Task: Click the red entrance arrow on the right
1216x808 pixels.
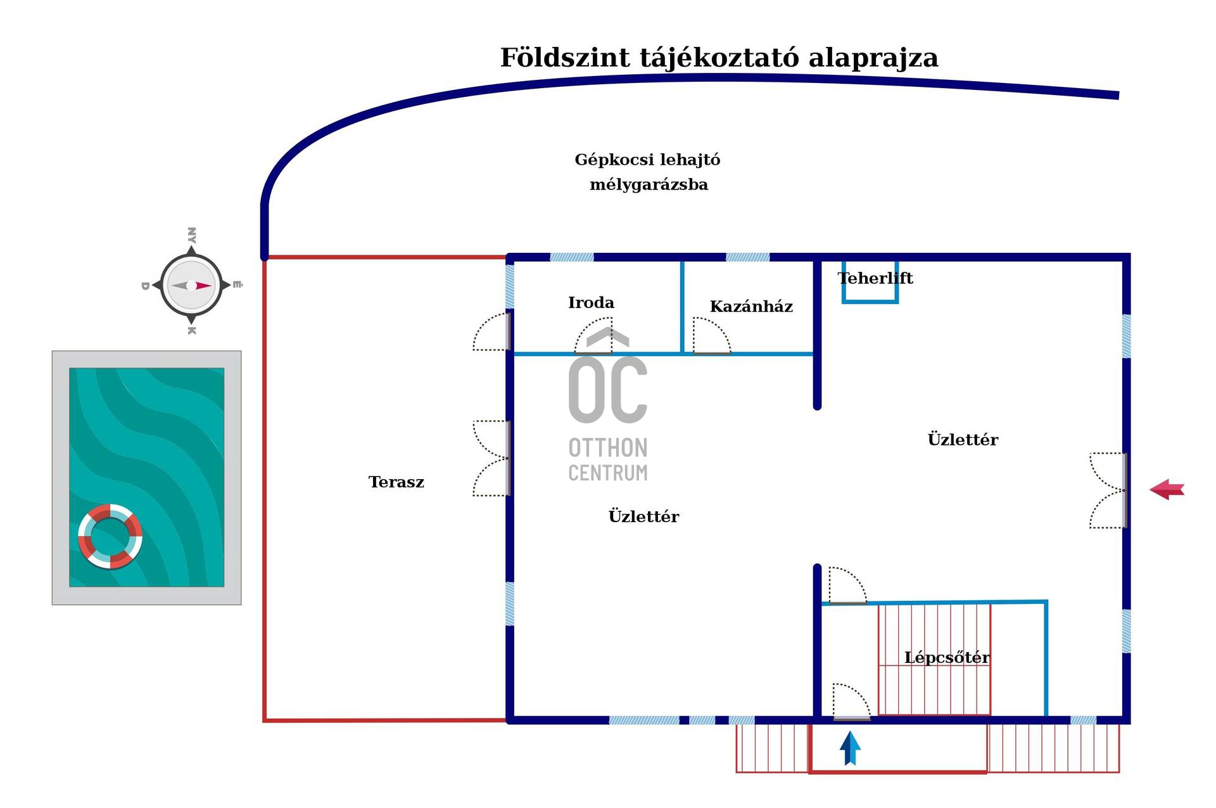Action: pyautogui.click(x=1167, y=489)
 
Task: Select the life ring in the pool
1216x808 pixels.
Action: pyautogui.click(x=110, y=536)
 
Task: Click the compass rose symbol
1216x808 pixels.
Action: pyautogui.click(x=191, y=285)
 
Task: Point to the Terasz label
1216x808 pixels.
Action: pyautogui.click(x=396, y=482)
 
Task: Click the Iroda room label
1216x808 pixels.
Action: pyautogui.click(x=591, y=303)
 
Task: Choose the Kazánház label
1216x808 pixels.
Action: pyautogui.click(x=751, y=307)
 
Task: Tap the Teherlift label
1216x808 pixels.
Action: pyautogui.click(x=875, y=278)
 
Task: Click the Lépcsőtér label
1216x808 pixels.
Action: pyautogui.click(x=947, y=658)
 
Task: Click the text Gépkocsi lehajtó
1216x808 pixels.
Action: pyautogui.click(x=647, y=160)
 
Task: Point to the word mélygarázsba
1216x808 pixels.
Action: pyautogui.click(x=649, y=185)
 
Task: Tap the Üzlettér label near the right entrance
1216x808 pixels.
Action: pyautogui.click(x=963, y=440)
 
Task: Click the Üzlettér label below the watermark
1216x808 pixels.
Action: pyautogui.click(x=643, y=516)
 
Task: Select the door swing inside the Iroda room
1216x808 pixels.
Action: pyautogui.click(x=594, y=336)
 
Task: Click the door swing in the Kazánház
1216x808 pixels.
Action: pyautogui.click(x=711, y=336)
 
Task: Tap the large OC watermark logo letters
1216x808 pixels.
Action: pyautogui.click(x=608, y=388)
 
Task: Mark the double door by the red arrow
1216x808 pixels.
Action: pyautogui.click(x=1108, y=490)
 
